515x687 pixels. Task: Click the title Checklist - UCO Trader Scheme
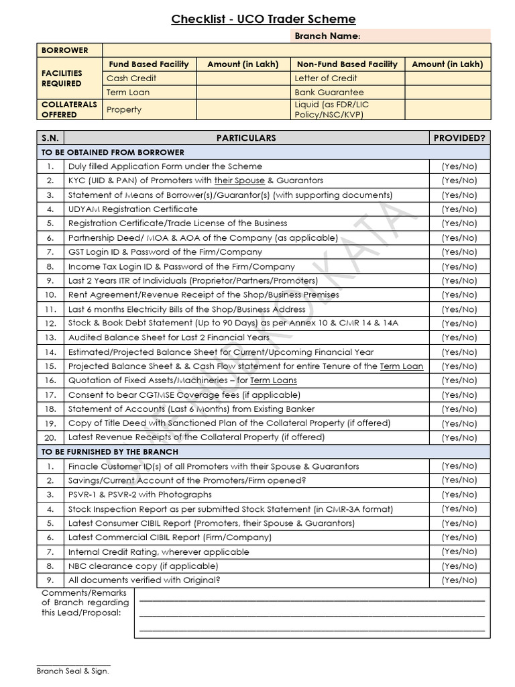click(264, 19)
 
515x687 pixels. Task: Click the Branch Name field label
click(327, 36)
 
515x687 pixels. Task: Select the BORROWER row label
click(65, 50)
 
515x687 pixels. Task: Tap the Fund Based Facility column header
click(149, 64)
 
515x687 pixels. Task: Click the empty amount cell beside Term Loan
click(243, 93)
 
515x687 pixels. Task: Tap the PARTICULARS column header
click(246, 138)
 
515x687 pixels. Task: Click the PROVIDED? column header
click(459, 138)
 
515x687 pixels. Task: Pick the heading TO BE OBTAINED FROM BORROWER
click(113, 152)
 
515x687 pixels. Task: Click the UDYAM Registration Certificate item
click(133, 209)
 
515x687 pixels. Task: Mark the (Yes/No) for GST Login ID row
click(459, 252)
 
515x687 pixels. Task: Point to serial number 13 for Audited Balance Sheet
click(50, 337)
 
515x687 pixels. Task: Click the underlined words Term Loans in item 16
click(274, 380)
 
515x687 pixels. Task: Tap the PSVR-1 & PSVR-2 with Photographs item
click(139, 494)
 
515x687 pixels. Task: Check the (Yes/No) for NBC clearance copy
click(459, 566)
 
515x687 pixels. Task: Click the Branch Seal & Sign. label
click(72, 670)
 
